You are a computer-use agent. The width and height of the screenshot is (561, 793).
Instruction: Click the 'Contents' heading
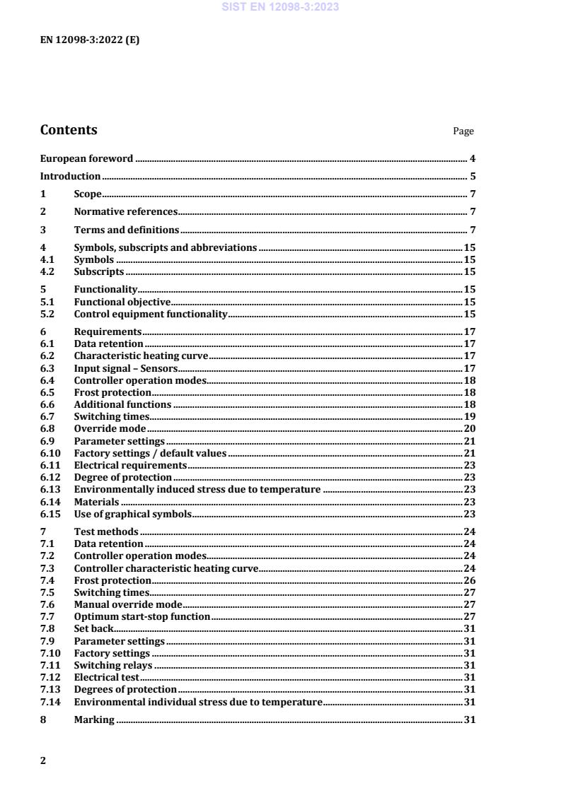69,130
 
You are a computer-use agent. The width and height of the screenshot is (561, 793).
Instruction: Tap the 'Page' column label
463,131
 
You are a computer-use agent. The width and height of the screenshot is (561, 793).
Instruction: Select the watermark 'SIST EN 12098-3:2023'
280,7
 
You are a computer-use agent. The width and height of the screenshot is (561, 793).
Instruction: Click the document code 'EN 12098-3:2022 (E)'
90,40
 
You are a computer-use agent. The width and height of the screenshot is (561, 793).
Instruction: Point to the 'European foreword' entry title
86,159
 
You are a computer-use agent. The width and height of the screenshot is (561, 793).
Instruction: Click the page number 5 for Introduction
473,177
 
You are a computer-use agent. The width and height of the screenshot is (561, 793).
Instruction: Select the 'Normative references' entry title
125,212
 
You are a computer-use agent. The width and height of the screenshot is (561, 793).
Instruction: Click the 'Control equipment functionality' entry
151,314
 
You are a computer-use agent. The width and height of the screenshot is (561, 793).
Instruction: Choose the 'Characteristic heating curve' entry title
141,356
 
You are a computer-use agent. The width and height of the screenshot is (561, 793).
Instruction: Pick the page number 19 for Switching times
469,417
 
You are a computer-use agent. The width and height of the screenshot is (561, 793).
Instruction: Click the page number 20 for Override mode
469,429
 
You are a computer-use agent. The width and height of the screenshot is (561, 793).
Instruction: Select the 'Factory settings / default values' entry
150,453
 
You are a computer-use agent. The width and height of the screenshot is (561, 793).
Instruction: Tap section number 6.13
50,489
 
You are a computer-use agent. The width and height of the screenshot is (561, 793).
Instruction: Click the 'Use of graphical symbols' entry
133,514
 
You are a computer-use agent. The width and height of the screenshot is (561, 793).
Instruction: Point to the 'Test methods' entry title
106,531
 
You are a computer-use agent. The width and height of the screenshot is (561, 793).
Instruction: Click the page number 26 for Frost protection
469,580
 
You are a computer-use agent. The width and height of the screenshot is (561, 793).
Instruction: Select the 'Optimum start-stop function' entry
142,616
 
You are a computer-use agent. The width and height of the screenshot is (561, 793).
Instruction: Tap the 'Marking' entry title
94,720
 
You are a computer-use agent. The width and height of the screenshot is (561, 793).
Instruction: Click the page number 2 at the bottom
43,760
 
